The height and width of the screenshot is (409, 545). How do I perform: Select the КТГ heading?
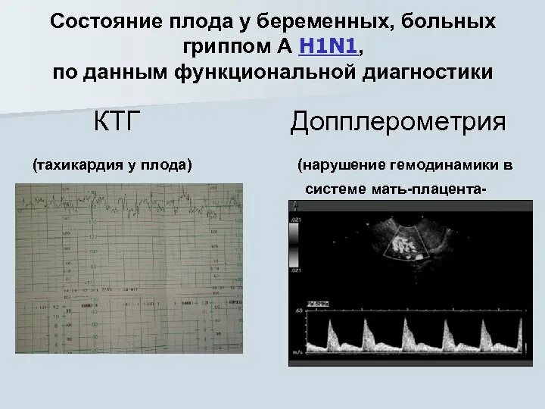click(117, 121)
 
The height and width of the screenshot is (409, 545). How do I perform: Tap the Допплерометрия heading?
click(397, 122)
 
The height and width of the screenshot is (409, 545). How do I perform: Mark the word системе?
click(335, 188)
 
